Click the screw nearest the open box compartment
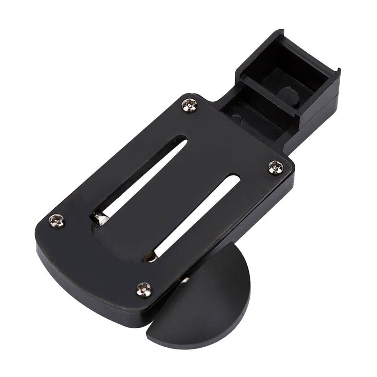(x=189, y=105)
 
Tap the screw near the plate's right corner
(x=276, y=167)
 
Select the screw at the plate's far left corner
(x=57, y=220)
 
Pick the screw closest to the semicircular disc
(x=144, y=289)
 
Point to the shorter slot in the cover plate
(x=197, y=214)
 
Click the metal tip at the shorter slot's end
(x=150, y=257)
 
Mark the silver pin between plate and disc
(x=185, y=279)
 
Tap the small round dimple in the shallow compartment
(x=237, y=118)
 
